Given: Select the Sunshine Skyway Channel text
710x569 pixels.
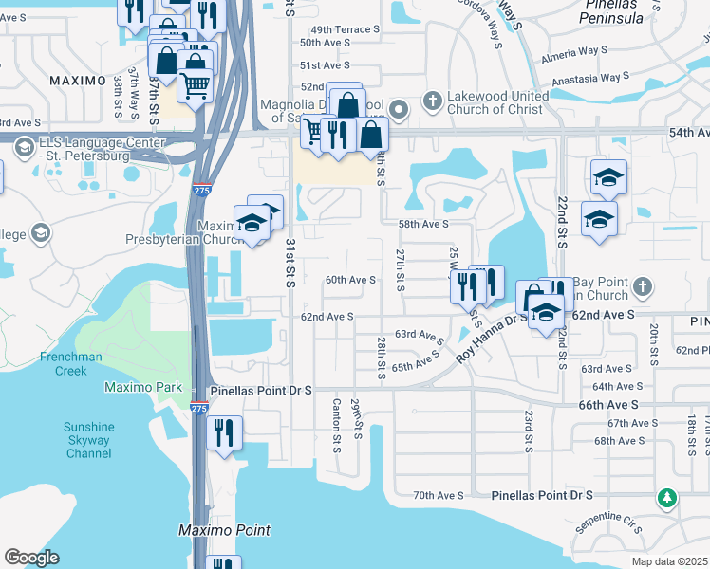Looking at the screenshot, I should click(x=89, y=440).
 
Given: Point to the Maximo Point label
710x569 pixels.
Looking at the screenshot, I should click(x=225, y=530).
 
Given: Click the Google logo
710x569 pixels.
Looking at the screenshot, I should click(x=31, y=558).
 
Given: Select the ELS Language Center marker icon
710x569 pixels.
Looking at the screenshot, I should click(x=24, y=146).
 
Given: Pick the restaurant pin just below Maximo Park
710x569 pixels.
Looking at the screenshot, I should click(x=225, y=432).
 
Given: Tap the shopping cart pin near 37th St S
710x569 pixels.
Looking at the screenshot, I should click(x=195, y=85).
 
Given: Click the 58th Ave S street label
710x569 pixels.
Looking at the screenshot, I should click(x=422, y=224).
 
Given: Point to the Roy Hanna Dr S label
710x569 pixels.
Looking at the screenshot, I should click(x=491, y=339).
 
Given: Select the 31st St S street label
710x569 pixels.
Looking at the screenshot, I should click(x=290, y=264).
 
